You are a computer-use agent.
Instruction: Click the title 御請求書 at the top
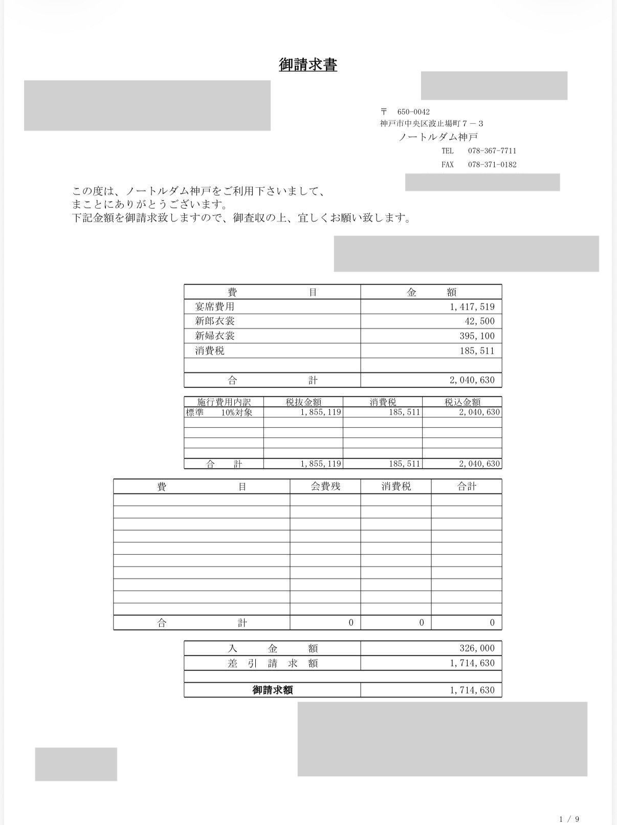pyautogui.click(x=308, y=65)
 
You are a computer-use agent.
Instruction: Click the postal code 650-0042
pyautogui.click(x=413, y=112)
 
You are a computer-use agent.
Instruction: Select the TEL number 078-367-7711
pyautogui.click(x=492, y=150)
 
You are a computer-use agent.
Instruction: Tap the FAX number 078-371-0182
pyautogui.click(x=492, y=164)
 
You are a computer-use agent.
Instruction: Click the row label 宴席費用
pyautogui.click(x=214, y=307)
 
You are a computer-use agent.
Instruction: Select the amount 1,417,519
pyautogui.click(x=472, y=307)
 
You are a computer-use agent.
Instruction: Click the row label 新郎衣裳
pyautogui.click(x=214, y=321)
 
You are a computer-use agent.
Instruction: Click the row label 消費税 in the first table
pyautogui.click(x=209, y=351)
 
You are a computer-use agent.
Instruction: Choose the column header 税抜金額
pyautogui.click(x=303, y=402)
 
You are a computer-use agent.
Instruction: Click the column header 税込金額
pyautogui.click(x=462, y=402)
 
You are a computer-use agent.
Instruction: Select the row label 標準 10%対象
pyautogui.click(x=219, y=412)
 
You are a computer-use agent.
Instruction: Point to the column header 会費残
pyautogui.click(x=325, y=486)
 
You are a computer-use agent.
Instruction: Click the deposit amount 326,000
pyautogui.click(x=477, y=648)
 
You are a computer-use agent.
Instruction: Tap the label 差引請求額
pyautogui.click(x=272, y=663)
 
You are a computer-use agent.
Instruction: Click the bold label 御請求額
pyautogui.click(x=272, y=690)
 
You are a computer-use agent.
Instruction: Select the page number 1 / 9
pyautogui.click(x=569, y=819)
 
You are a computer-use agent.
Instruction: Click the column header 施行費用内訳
pyautogui.click(x=224, y=402)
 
